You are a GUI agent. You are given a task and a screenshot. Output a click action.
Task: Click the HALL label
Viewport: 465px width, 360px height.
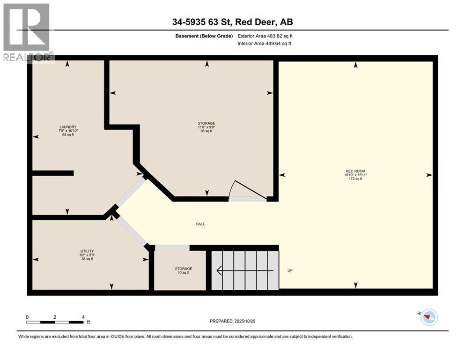point(200,224)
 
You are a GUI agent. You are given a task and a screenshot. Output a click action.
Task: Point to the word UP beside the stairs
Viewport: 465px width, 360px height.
point(290,271)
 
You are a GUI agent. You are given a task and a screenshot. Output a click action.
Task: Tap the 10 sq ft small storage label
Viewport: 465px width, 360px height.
point(184,272)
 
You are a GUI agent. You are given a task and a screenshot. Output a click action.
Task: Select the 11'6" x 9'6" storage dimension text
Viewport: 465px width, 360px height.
point(206,127)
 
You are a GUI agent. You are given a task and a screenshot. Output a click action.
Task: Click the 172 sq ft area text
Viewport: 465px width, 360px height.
point(355,179)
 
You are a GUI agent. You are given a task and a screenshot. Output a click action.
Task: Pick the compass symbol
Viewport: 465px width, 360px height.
point(428,317)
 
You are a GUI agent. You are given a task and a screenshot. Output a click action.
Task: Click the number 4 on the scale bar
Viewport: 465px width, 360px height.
point(83,317)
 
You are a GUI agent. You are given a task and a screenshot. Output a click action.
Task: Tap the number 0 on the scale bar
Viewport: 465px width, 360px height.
point(27,317)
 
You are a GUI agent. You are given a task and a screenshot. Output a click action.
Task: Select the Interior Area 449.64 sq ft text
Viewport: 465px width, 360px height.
point(265,44)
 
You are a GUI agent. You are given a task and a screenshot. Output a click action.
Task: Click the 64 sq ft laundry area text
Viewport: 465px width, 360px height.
point(67,135)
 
